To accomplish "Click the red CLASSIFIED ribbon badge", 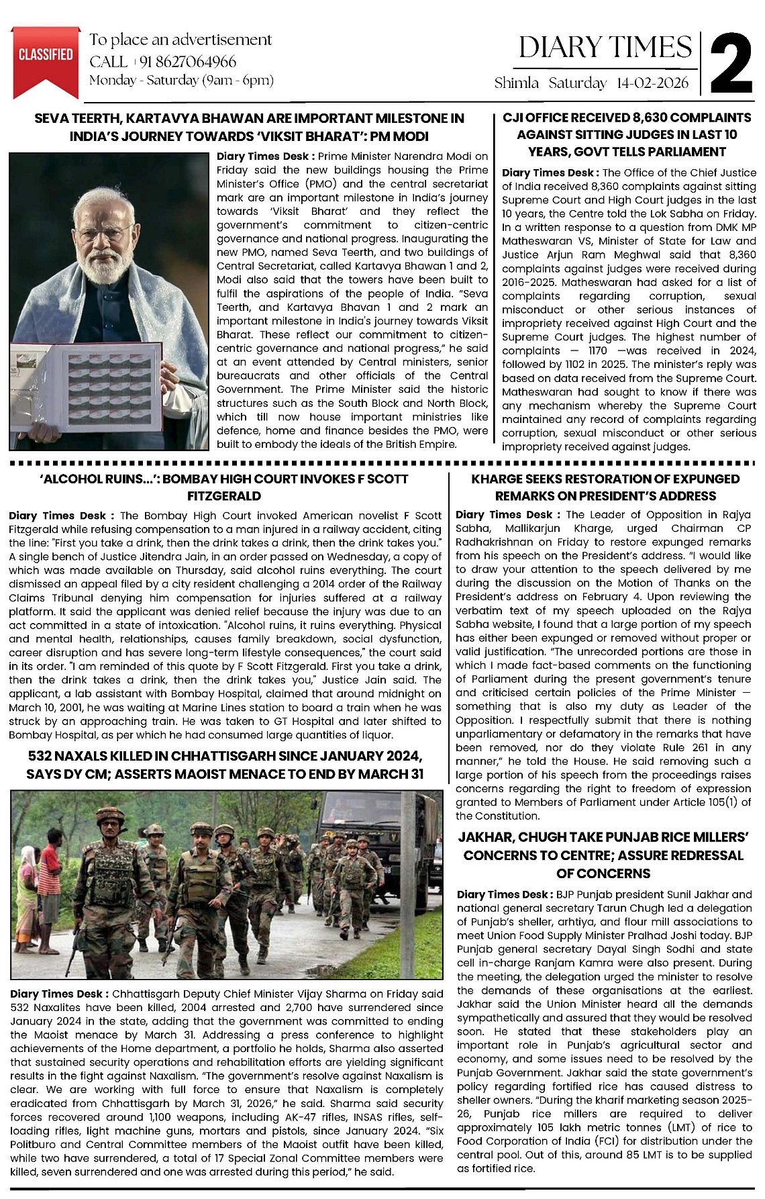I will (x=46, y=56).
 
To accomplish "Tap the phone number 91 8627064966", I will (x=188, y=62).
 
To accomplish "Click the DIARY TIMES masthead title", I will (x=605, y=47).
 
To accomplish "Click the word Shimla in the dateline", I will (x=516, y=83).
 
